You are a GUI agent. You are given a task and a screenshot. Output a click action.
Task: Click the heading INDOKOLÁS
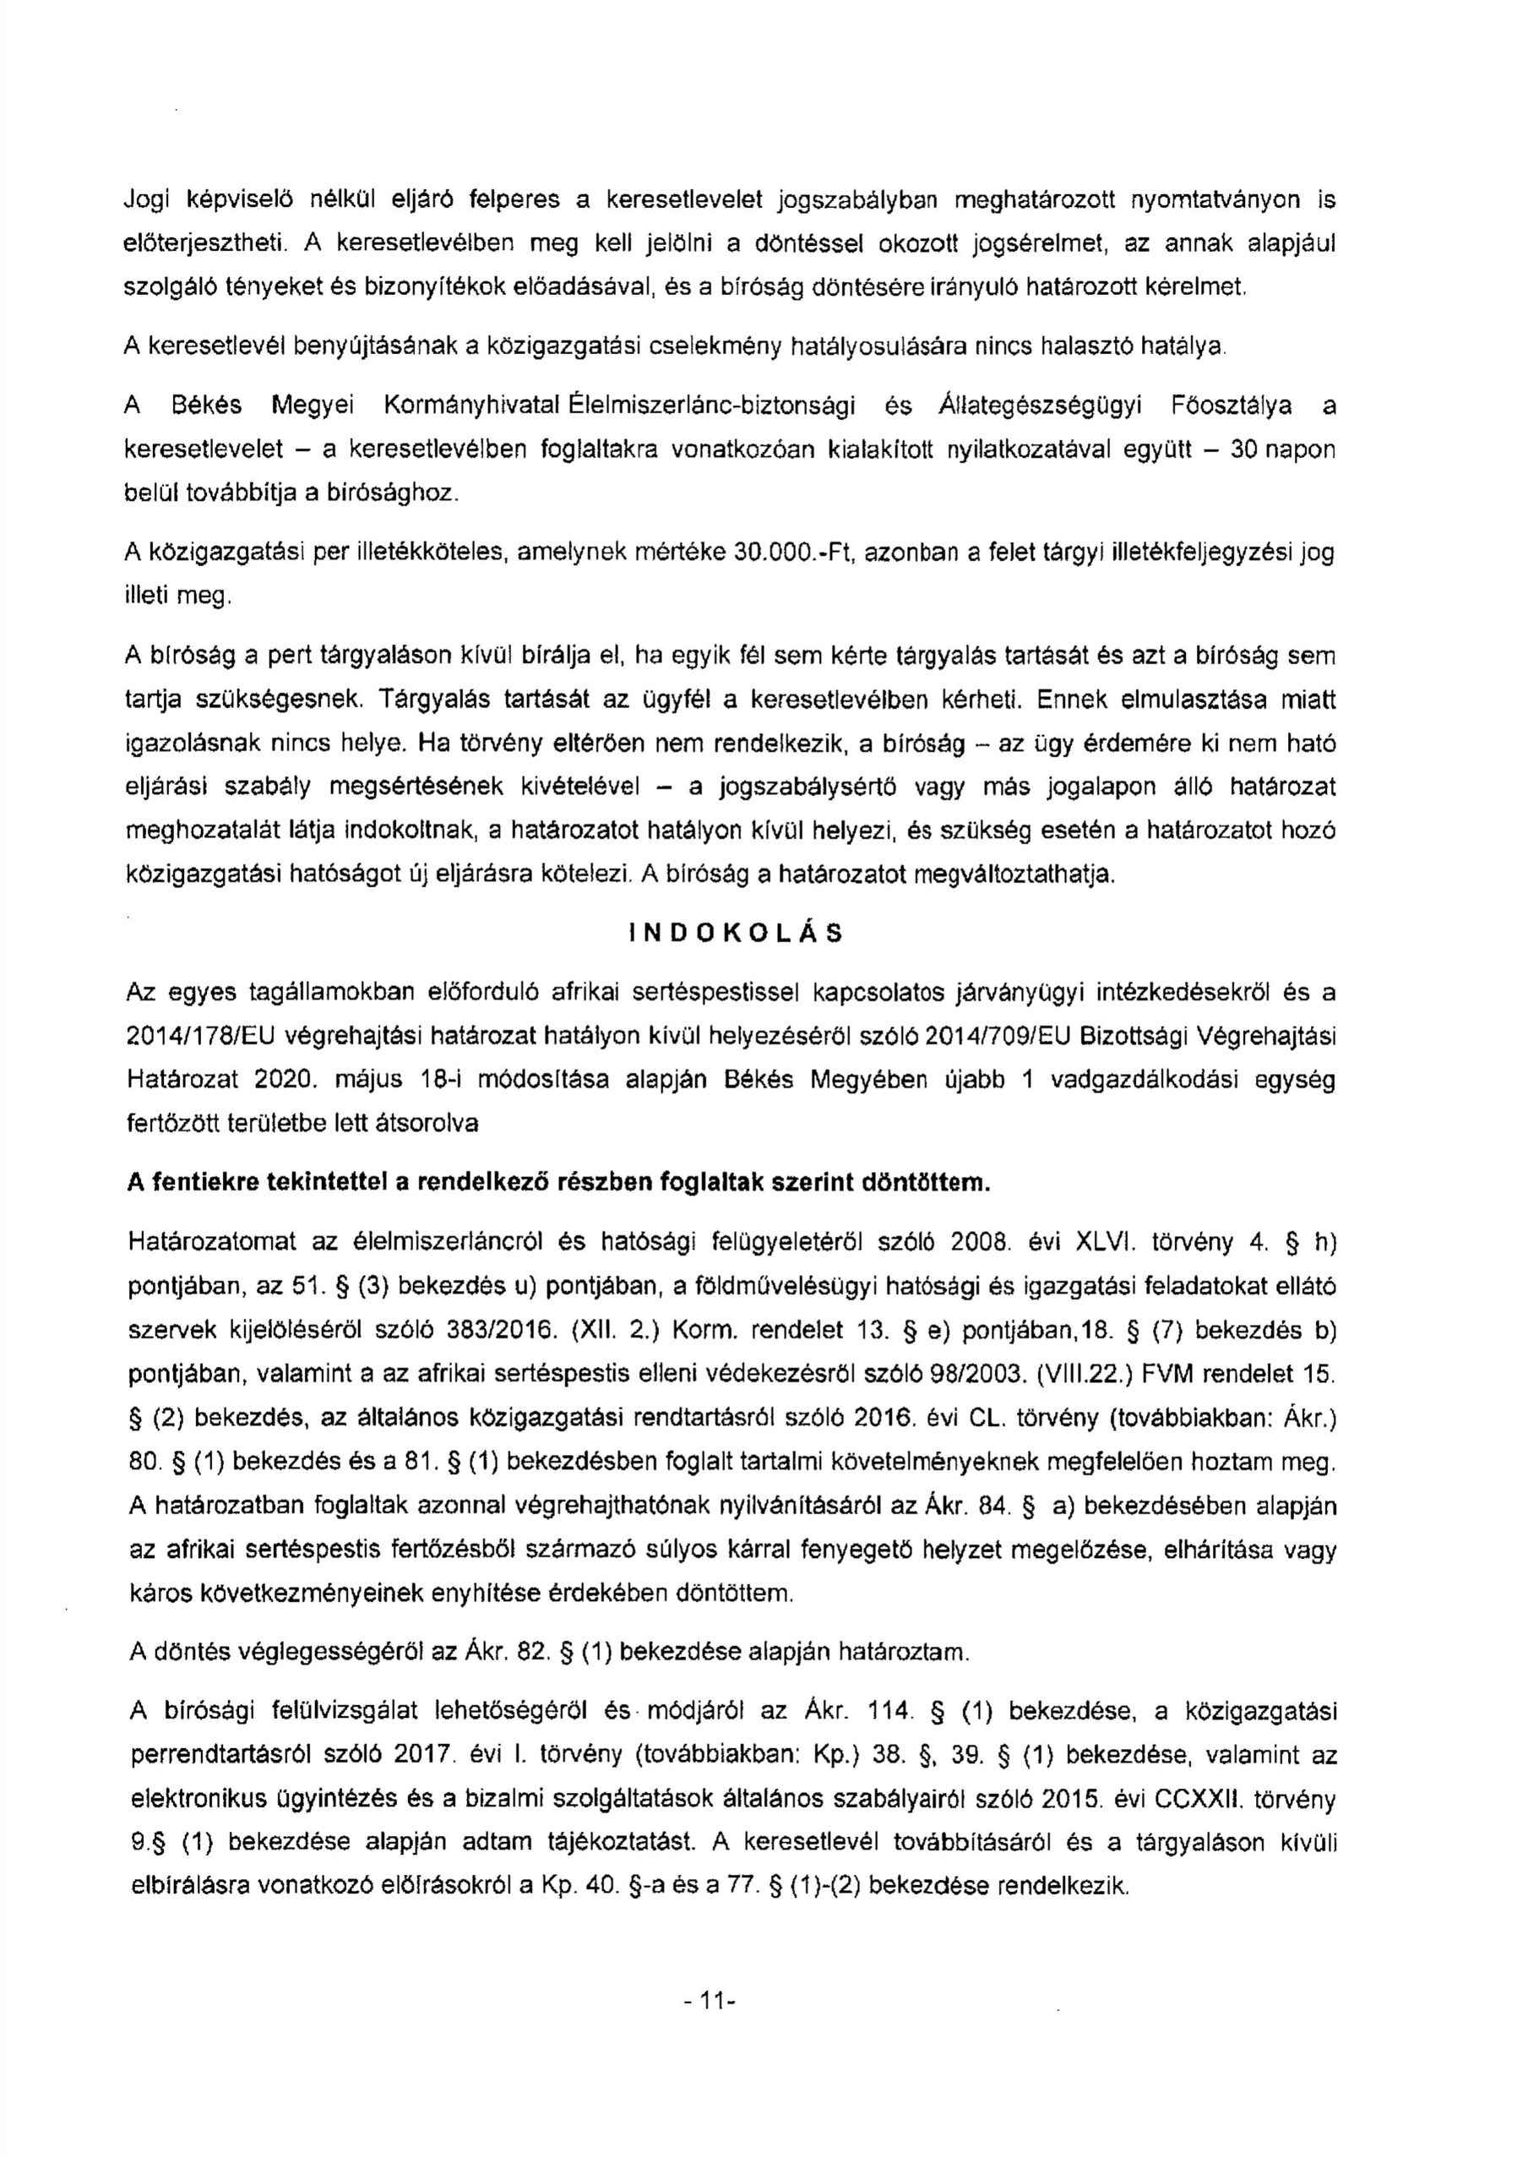point(736,934)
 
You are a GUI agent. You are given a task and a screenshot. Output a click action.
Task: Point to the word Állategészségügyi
point(1040,406)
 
